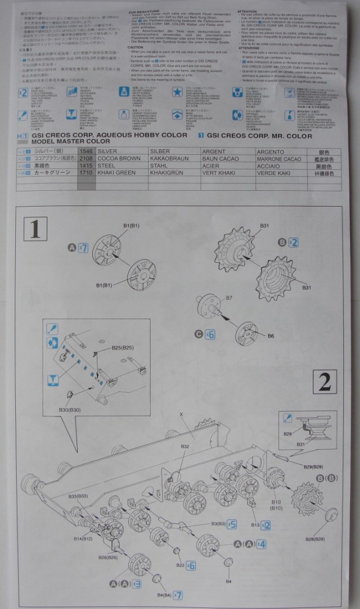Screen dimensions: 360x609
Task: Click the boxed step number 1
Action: [35, 229]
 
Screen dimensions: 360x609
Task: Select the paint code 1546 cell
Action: [86, 151]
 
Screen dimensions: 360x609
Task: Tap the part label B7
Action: [229, 298]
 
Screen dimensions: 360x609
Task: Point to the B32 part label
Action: [185, 446]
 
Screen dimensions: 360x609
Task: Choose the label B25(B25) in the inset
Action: [123, 348]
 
